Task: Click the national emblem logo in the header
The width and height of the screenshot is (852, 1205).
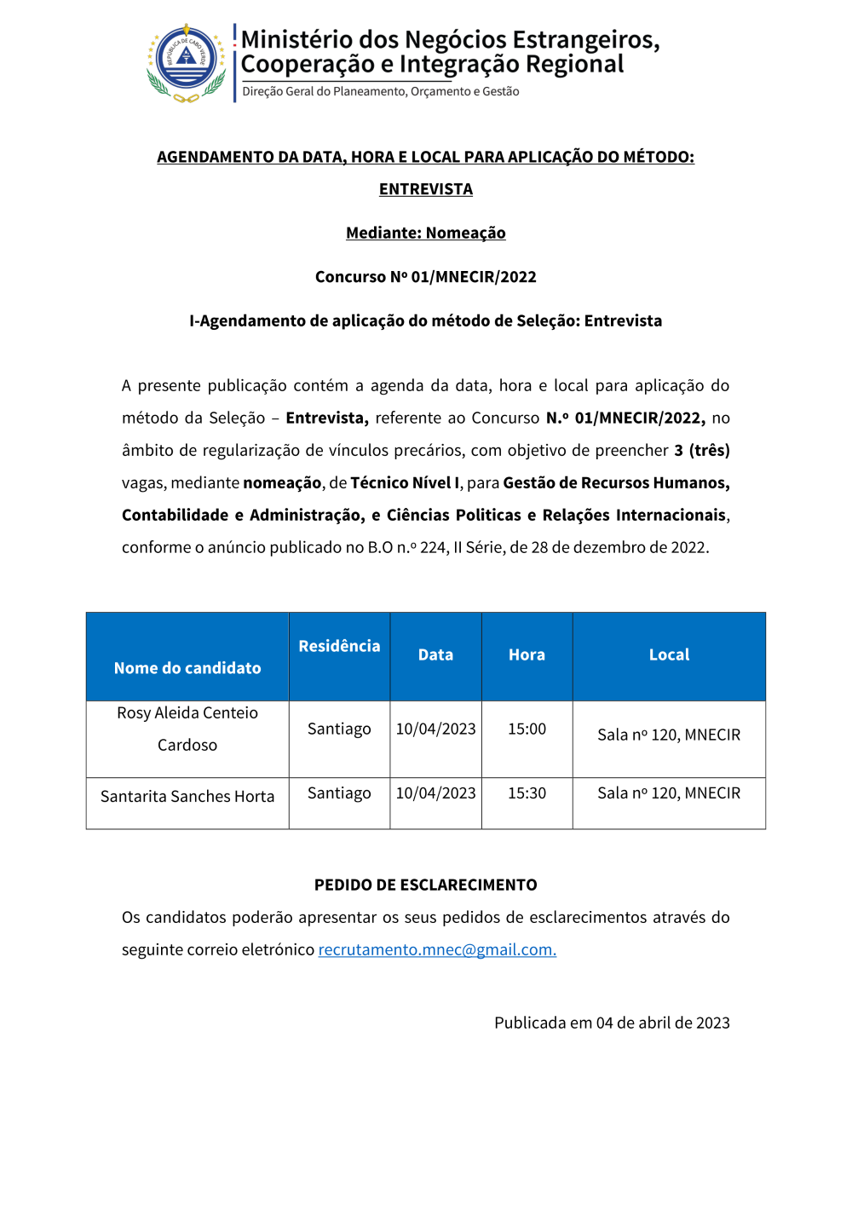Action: pos(187,63)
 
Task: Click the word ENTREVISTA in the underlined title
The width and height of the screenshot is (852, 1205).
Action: pos(426,189)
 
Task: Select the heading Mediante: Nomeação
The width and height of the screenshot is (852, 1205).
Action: pos(426,233)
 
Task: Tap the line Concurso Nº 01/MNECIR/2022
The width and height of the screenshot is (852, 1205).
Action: pos(426,277)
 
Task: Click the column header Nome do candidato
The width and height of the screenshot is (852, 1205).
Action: pos(187,668)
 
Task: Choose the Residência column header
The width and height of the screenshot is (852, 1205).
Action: pos(339,646)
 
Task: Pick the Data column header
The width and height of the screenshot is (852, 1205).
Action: pos(435,654)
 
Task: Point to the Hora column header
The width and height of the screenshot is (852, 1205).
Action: pos(527,654)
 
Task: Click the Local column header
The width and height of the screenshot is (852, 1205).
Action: pos(669,654)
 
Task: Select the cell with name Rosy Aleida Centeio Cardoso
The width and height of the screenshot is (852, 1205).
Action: pos(187,729)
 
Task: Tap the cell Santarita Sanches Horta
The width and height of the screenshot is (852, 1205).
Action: pos(187,796)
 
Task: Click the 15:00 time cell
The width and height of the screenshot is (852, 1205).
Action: pos(527,729)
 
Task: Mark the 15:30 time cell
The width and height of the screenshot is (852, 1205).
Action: pos(527,793)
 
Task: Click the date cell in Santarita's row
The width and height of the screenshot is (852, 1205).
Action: pos(435,793)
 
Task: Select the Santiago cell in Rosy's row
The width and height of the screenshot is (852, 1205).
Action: pos(339,729)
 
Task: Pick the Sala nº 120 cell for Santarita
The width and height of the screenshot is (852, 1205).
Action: pos(669,793)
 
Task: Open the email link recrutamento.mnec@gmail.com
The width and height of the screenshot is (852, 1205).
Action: pos(437,949)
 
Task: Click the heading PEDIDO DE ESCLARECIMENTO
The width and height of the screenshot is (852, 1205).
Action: pos(426,885)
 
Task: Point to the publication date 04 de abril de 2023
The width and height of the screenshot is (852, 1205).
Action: pos(663,1023)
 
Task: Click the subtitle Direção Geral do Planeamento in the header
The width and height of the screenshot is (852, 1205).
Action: pos(380,91)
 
